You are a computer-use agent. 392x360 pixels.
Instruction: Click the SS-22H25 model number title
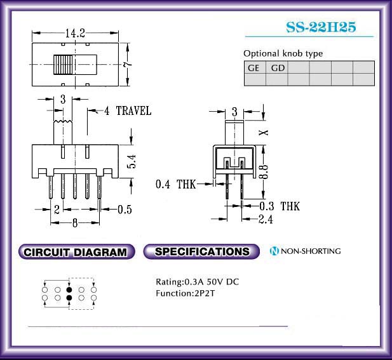[321, 27]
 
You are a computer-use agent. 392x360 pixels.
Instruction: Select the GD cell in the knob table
[277, 67]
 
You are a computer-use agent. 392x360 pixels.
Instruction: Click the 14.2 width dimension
[75, 33]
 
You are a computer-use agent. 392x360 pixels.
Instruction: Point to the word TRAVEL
[134, 111]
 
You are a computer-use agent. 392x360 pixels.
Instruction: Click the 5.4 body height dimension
[132, 161]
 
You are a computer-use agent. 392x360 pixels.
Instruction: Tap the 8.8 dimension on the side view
[264, 171]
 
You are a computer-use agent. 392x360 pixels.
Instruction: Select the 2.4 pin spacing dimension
[266, 219]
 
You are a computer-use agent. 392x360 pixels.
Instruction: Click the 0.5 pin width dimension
[125, 210]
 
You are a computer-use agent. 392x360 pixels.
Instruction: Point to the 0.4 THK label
[175, 184]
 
